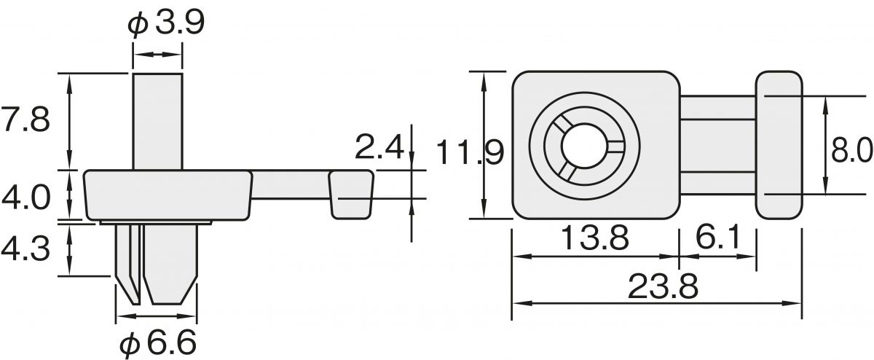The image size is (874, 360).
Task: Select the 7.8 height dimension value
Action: tap(25, 120)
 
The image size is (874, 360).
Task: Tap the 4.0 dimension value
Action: tap(25, 197)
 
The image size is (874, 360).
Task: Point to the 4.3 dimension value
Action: tap(25, 250)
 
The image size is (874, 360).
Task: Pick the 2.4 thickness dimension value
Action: tap(379, 149)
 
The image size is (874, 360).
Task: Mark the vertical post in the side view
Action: tap(157, 120)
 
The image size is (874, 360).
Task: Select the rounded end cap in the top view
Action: tap(778, 145)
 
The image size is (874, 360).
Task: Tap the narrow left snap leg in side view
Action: tap(128, 262)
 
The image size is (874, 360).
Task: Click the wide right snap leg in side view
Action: tap(169, 262)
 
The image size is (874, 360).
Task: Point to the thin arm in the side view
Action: tap(290, 185)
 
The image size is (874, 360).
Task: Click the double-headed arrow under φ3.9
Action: tap(157, 55)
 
